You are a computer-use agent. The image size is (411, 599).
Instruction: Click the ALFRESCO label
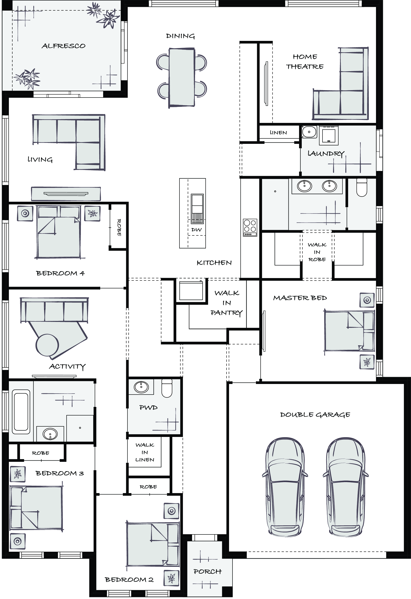(x=63, y=46)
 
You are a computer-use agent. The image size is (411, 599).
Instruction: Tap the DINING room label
(x=180, y=36)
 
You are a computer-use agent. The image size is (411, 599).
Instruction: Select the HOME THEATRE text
(x=305, y=62)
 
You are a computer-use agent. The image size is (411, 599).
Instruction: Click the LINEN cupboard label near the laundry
(x=278, y=133)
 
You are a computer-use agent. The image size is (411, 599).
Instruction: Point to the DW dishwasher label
(x=197, y=230)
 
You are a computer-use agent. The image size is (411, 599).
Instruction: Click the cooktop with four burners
(x=250, y=228)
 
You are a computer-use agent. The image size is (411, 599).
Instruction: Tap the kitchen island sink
(x=197, y=209)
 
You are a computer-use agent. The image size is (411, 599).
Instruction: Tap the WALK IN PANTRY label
(x=227, y=303)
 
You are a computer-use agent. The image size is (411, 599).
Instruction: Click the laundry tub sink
(x=309, y=132)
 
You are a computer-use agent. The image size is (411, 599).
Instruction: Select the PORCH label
(x=207, y=572)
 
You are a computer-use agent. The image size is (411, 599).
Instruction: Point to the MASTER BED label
(x=300, y=298)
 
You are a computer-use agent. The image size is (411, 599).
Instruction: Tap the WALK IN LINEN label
(x=145, y=452)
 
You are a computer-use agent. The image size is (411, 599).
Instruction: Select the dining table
(x=182, y=78)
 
